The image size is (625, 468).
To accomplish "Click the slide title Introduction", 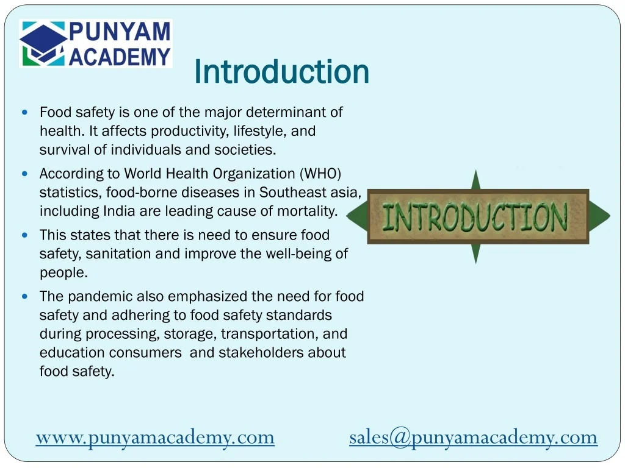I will pyautogui.click(x=281, y=72).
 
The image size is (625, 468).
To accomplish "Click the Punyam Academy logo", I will pyautogui.click(x=96, y=43).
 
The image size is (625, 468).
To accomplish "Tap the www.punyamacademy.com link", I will pyautogui.click(x=155, y=437).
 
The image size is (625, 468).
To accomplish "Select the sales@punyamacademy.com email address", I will pyautogui.click(x=473, y=437).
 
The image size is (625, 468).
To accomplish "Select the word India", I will pyautogui.click(x=118, y=211).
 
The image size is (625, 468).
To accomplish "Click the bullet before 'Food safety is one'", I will pyautogui.click(x=24, y=113).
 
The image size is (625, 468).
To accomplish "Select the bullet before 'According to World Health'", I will pyautogui.click(x=24, y=174).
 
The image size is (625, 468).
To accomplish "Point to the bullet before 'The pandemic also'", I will pyautogui.click(x=24, y=297).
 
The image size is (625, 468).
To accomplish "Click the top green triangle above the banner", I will pyautogui.click(x=476, y=180).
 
